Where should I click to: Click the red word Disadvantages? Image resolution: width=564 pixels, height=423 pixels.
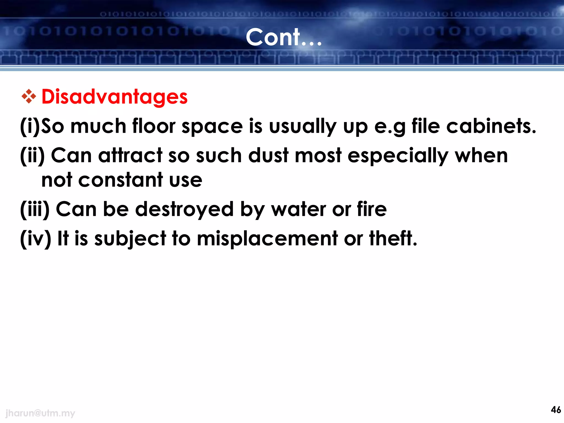[x=115, y=97]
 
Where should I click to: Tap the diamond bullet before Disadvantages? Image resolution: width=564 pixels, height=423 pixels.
[x=29, y=96]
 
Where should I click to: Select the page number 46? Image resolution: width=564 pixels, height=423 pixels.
[x=556, y=410]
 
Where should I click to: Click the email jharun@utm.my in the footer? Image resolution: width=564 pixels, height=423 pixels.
[x=40, y=413]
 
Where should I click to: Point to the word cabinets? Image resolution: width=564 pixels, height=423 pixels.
[x=491, y=126]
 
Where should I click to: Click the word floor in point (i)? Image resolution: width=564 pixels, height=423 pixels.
[x=154, y=126]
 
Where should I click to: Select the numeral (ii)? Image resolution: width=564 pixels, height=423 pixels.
[x=32, y=156]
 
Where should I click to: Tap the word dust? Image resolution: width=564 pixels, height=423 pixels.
[x=268, y=156]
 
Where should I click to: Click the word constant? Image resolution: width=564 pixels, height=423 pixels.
[x=121, y=180]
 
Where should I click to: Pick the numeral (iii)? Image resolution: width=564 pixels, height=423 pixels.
[x=35, y=209]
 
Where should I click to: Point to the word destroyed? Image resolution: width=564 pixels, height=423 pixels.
[x=185, y=209]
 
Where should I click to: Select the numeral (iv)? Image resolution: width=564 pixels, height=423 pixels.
[x=36, y=238]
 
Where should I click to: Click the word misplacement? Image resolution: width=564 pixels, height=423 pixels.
[x=267, y=238]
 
